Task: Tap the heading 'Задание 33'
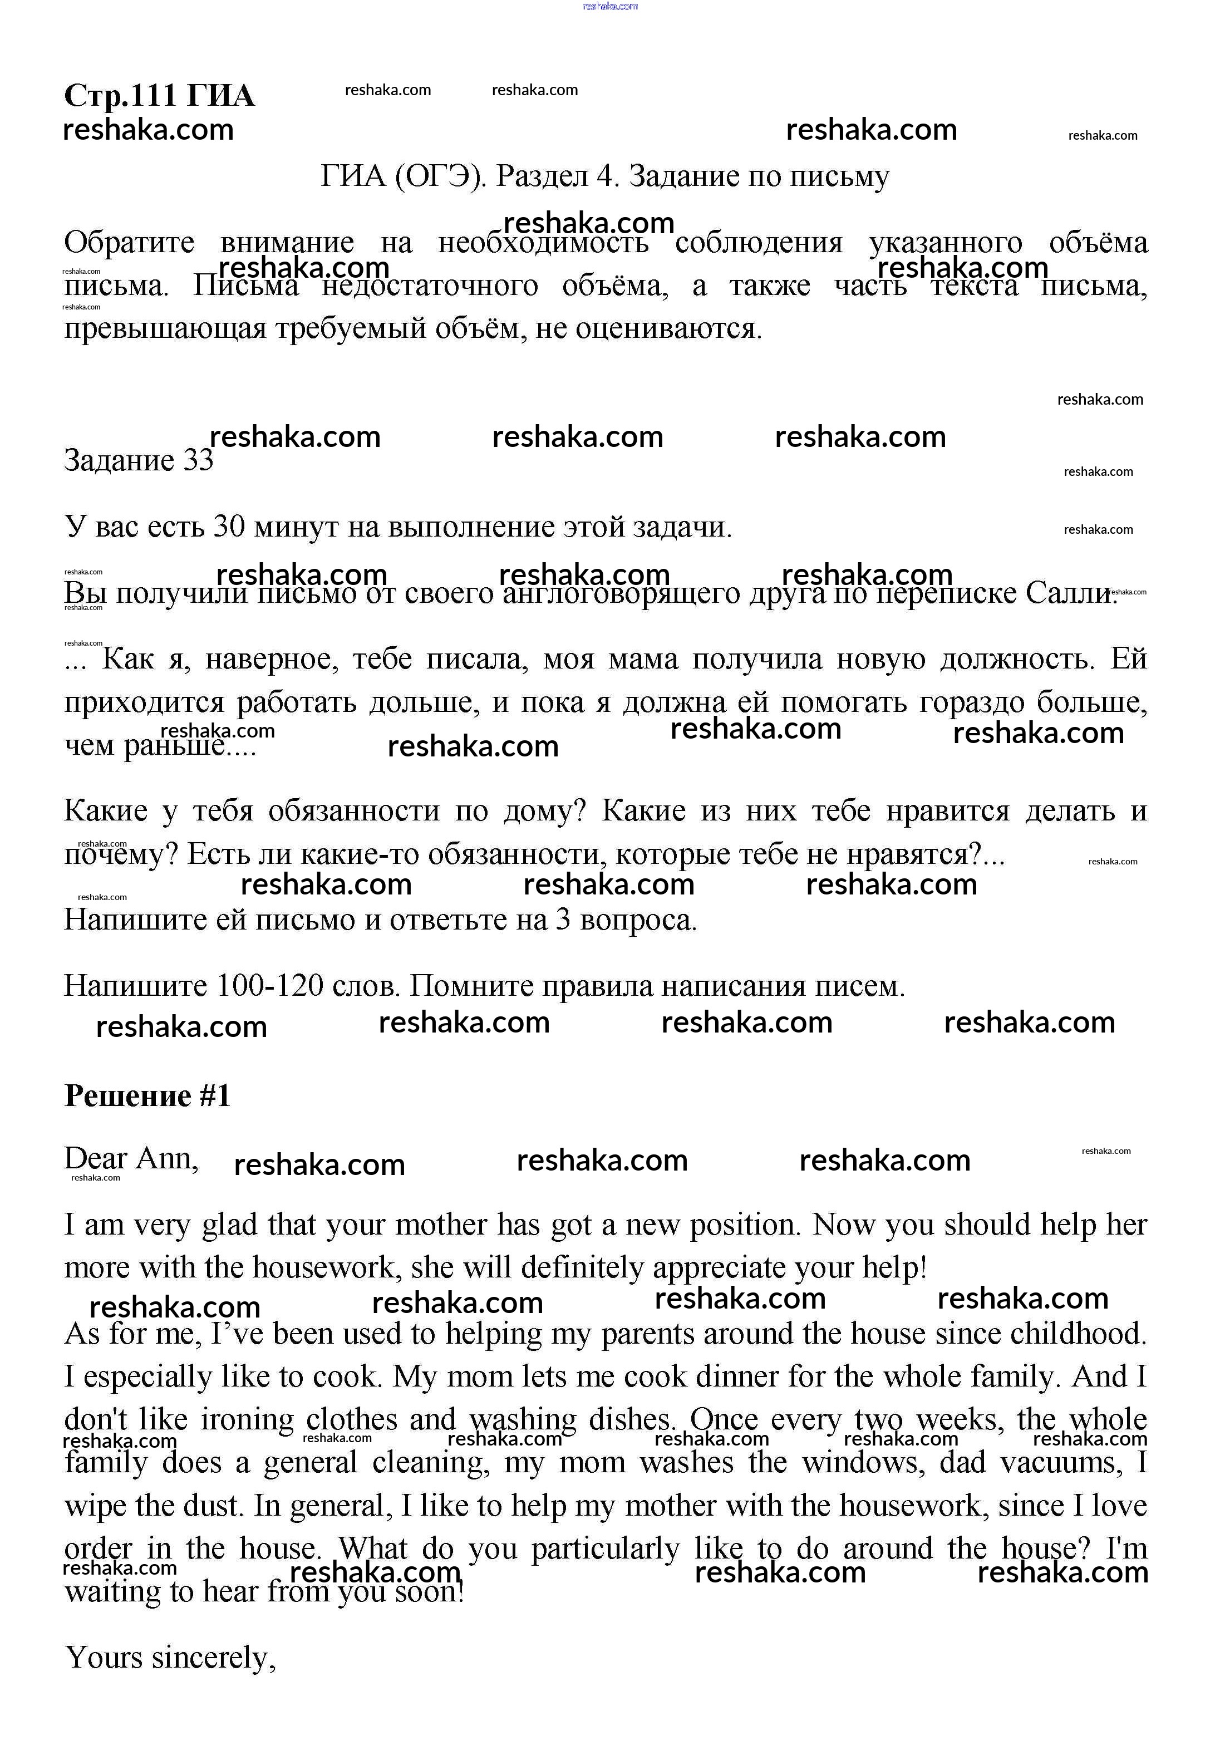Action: (139, 460)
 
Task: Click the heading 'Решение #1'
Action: (147, 1095)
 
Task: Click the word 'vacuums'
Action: (1062, 1462)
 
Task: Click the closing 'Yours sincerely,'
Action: (170, 1657)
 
